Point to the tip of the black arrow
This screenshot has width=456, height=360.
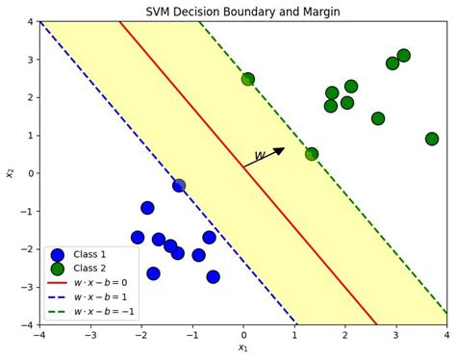pyautogui.click(x=285, y=148)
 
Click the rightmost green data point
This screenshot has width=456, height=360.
pyautogui.click(x=432, y=139)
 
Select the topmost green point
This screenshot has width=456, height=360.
pyautogui.click(x=403, y=56)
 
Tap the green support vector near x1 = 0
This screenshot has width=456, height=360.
pyautogui.click(x=248, y=80)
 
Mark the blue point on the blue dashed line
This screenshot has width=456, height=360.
pyautogui.click(x=179, y=185)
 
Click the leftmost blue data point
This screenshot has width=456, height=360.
pyautogui.click(x=138, y=237)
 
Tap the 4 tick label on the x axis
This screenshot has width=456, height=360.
pyautogui.click(x=446, y=336)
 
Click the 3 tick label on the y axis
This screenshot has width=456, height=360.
pyautogui.click(x=30, y=60)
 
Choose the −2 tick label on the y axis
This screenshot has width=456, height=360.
pyautogui.click(x=27, y=249)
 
